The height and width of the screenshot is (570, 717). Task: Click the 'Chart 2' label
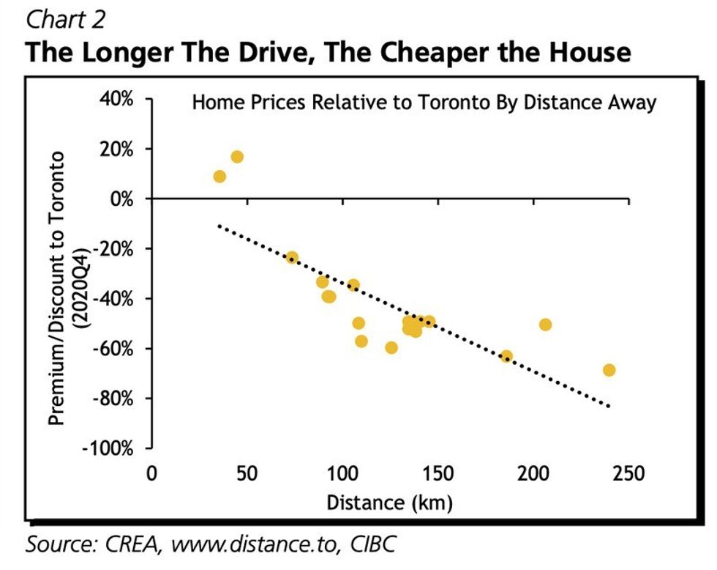66,19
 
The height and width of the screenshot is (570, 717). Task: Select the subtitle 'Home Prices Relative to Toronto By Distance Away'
424,103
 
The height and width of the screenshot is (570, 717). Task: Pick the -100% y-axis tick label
111,448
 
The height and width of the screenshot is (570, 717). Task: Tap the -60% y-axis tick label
114,348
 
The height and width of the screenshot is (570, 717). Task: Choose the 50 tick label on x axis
247,473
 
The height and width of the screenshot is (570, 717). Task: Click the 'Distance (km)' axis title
389,503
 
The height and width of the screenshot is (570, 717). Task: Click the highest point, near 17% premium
237,157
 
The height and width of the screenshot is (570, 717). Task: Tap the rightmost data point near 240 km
609,370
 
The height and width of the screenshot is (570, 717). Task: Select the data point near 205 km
545,325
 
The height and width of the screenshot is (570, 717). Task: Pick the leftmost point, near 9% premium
219,177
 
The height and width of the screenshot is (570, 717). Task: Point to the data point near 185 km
506,357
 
